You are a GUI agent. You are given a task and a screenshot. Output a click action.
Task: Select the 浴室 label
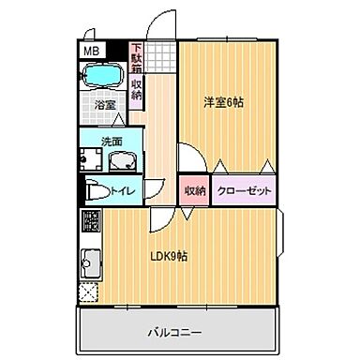[103, 104]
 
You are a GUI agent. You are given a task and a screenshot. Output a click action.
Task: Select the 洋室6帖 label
[224, 103]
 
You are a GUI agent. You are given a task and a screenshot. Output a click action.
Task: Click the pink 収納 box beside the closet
[194, 191]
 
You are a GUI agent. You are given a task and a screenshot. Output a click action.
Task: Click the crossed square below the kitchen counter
[90, 293]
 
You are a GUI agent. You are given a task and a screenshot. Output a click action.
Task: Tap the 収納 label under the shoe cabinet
[137, 91]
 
